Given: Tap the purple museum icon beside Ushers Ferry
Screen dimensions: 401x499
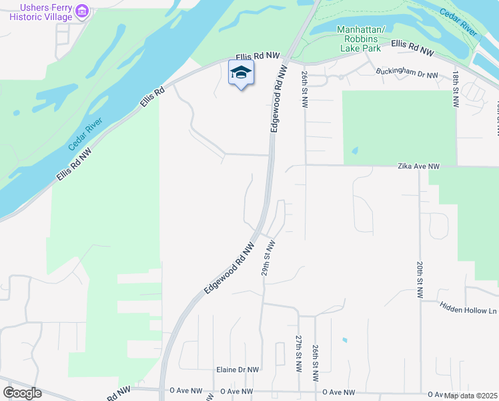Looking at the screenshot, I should coord(83,11).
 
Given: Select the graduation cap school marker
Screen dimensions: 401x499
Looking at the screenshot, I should coord(241,73).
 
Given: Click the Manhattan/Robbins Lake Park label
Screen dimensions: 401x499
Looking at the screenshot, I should coord(362,39).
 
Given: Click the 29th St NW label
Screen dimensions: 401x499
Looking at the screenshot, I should coord(268,258).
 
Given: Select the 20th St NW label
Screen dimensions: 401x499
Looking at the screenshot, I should coord(421,279).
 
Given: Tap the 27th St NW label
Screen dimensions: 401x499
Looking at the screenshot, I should coord(298,354).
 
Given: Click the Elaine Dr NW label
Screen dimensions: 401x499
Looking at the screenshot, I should coord(237,369).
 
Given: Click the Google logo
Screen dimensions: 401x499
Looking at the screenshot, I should coord(22,393).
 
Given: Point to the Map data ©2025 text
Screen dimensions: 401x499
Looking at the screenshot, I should coord(470,396).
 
